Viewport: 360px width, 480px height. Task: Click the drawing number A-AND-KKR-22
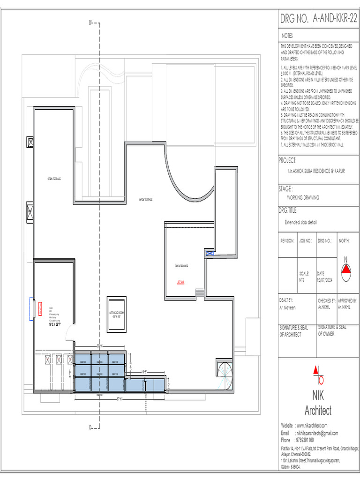click(x=335, y=18)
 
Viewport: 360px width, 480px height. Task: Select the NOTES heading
click(x=287, y=36)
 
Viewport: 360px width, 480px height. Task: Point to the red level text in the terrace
click(x=180, y=282)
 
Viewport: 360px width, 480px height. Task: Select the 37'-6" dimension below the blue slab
click(x=120, y=399)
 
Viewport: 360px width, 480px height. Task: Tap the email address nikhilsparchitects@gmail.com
click(x=317, y=434)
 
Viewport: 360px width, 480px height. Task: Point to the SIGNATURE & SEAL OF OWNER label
click(x=333, y=331)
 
